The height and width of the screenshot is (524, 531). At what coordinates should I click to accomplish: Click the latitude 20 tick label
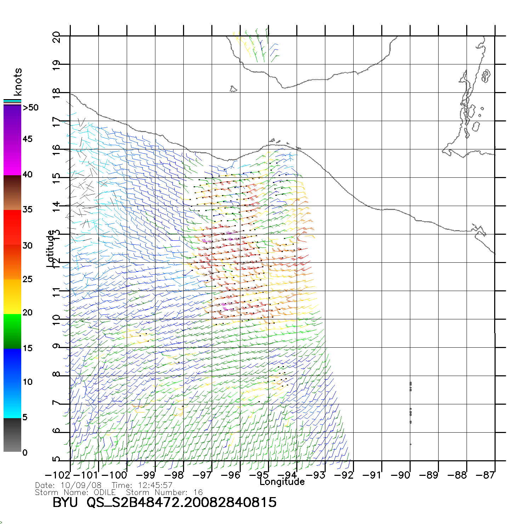(56, 37)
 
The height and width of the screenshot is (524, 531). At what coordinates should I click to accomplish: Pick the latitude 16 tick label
(56, 150)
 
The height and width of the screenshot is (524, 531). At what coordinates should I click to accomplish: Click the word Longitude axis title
(282, 482)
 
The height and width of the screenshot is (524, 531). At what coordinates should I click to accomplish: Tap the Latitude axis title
(51, 248)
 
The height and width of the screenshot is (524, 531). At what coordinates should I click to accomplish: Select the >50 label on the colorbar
(30, 108)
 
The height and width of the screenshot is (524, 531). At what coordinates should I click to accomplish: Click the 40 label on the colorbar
(27, 174)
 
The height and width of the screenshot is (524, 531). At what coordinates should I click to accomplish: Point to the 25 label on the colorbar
(27, 279)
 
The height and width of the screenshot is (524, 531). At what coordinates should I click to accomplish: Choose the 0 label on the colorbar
(24, 452)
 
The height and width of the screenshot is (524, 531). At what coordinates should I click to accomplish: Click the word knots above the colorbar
(18, 82)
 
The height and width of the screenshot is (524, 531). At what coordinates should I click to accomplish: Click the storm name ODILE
(105, 492)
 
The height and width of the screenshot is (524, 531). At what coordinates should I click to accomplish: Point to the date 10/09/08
(81, 485)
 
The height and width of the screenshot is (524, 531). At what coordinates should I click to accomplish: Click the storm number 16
(198, 492)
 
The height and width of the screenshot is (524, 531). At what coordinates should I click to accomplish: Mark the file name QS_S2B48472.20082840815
(182, 502)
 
